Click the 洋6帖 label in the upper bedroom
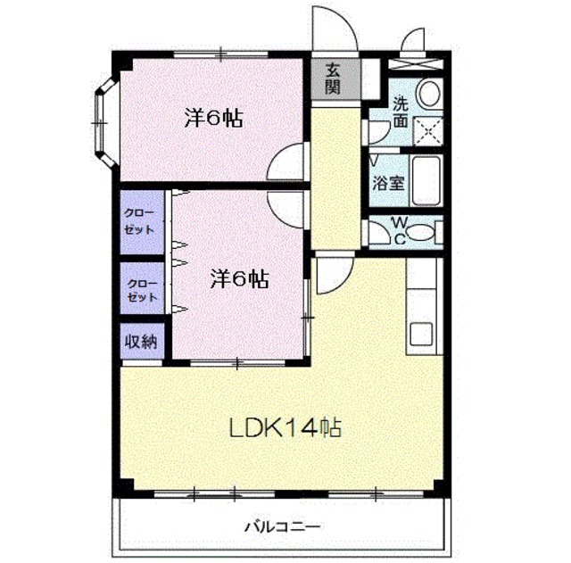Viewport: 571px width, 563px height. click(215, 119)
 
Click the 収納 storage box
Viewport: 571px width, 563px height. click(141, 341)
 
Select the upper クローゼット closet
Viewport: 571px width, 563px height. click(143, 220)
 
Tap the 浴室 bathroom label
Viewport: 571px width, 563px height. click(389, 184)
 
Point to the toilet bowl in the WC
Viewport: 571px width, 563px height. click(426, 232)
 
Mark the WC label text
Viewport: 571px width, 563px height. click(398, 230)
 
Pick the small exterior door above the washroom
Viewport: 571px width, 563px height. click(414, 46)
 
